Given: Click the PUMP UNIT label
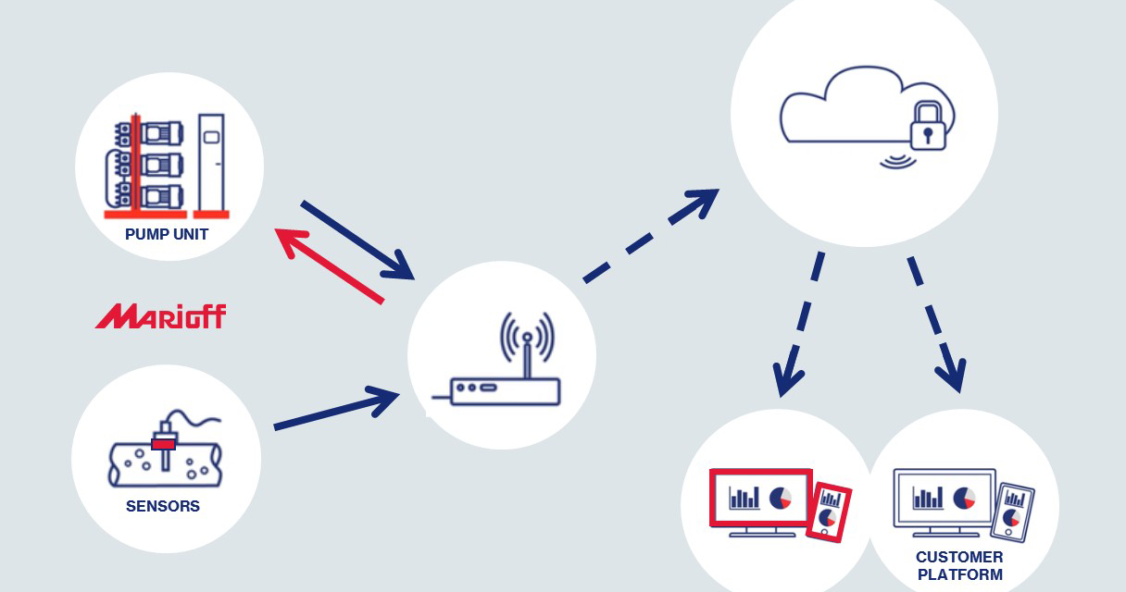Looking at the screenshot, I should pos(167,235).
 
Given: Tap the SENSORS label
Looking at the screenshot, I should pos(163,507).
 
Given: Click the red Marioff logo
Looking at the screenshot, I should pos(160,316).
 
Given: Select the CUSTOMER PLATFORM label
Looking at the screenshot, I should pos(959,565).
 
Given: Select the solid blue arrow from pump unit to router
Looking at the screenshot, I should pos(357,239).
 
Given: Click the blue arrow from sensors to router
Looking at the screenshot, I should pos(337,411).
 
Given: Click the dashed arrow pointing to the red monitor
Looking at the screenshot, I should pos(802,324).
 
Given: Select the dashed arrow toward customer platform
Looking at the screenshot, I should pos(936,324).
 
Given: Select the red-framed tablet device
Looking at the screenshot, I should pos(829,511).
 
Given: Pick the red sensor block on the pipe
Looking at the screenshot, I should pos(164,444).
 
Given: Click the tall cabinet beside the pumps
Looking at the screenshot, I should pos(211,161).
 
